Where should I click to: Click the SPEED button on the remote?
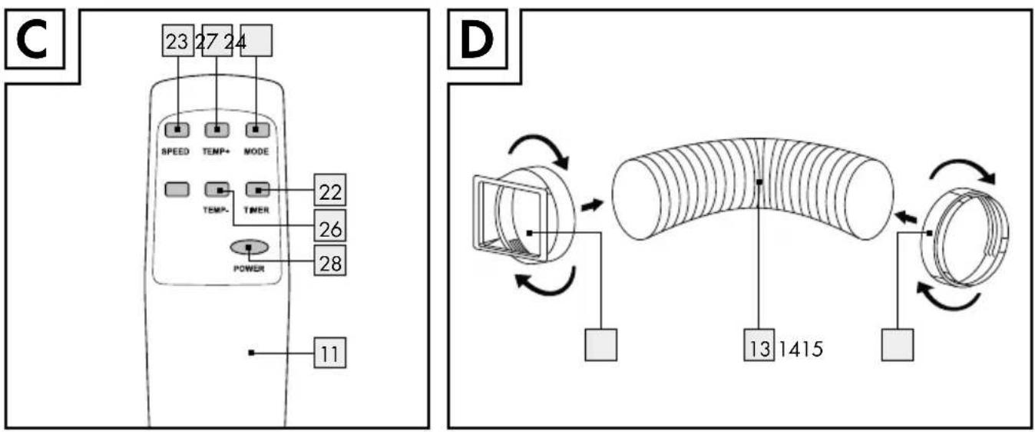point(177,130)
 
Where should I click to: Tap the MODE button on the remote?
point(257,130)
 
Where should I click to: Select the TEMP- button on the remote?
point(217,190)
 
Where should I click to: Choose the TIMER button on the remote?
point(258,190)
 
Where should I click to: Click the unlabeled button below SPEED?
point(177,190)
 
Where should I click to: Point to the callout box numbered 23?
point(178,41)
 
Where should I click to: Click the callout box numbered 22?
point(330,190)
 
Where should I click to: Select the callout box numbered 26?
point(330,225)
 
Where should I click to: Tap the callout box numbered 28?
point(330,261)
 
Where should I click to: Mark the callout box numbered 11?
point(330,353)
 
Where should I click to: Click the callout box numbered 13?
point(759,344)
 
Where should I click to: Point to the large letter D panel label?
point(477,41)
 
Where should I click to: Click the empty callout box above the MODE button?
point(256,41)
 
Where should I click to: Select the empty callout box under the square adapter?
point(600,344)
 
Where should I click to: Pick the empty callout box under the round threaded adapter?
point(898,344)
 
